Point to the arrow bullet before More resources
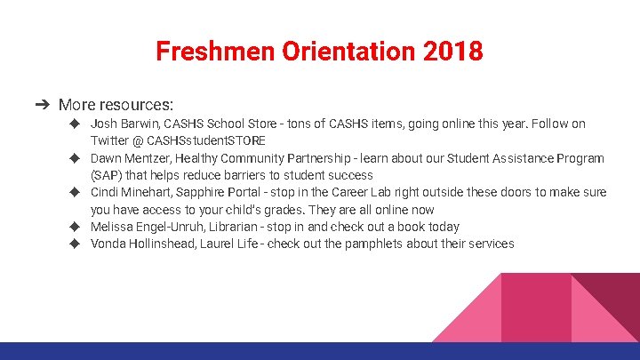pos(42,105)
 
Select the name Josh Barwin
pos(124,124)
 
